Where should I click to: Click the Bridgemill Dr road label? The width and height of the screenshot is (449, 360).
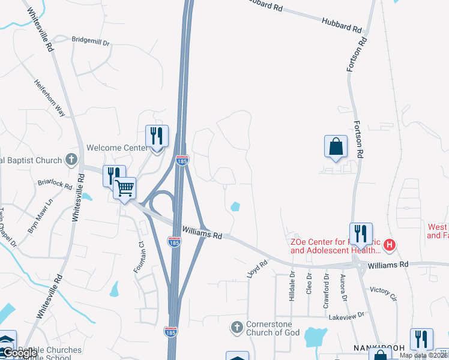tap(91, 43)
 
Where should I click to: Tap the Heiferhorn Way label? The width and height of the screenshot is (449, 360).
tap(49, 98)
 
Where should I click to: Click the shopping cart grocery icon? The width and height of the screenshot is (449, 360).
tap(125, 188)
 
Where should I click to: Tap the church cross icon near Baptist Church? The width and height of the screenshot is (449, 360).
tap(71, 160)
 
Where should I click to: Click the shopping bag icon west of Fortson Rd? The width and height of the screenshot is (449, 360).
tap(336, 146)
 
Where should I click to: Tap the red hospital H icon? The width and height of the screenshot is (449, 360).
tap(390, 245)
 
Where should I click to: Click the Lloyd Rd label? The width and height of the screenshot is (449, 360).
tap(257, 269)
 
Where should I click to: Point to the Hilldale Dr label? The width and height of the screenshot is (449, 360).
tap(292, 286)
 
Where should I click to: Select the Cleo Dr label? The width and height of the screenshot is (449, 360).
tap(310, 284)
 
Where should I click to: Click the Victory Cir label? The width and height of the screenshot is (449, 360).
tap(384, 292)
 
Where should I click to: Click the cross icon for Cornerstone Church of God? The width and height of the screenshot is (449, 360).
tap(237, 328)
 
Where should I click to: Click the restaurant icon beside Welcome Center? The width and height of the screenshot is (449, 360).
tap(157, 136)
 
